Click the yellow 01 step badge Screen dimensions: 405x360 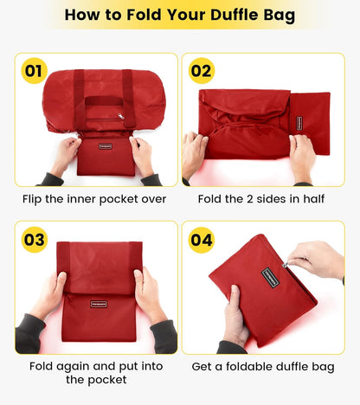34,71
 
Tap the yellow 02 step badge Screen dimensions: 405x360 202,71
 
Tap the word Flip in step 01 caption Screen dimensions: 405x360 37,199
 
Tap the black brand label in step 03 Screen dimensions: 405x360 100,304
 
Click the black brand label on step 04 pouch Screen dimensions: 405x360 272,278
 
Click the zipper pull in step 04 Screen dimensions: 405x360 287,265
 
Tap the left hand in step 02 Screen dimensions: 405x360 196,154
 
